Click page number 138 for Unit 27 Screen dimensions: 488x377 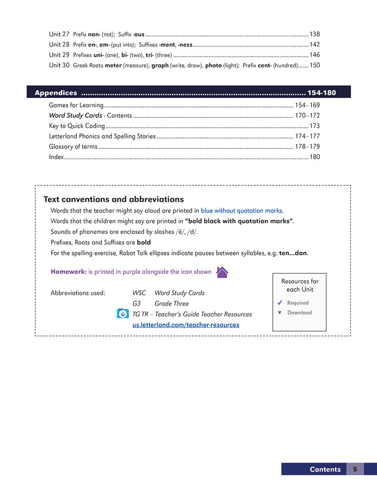tap(314, 34)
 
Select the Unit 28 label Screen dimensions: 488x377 tap(59, 45)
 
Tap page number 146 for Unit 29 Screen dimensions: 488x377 tap(314, 55)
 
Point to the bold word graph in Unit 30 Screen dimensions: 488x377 tap(160, 66)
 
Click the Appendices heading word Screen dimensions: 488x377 tap(56, 93)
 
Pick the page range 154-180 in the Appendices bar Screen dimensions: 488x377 tap(321, 93)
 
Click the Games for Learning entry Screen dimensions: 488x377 tap(76, 105)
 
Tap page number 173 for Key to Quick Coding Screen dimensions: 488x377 tap(314, 126)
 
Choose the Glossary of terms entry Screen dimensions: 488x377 tap(73, 147)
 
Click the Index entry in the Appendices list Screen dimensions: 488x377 tap(56, 157)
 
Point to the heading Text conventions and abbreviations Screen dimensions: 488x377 tap(114, 199)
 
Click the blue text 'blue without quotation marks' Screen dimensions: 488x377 tap(241, 211)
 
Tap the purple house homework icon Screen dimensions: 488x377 tap(222, 272)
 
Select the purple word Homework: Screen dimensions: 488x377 tap(68, 272)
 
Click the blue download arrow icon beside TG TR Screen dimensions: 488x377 tap(123, 314)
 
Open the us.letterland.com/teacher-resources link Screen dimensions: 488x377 tap(186, 325)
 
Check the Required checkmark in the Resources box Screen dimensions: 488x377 tap(280, 303)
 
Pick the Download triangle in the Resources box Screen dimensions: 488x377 tap(280, 313)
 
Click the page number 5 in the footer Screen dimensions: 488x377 tap(355, 469)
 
